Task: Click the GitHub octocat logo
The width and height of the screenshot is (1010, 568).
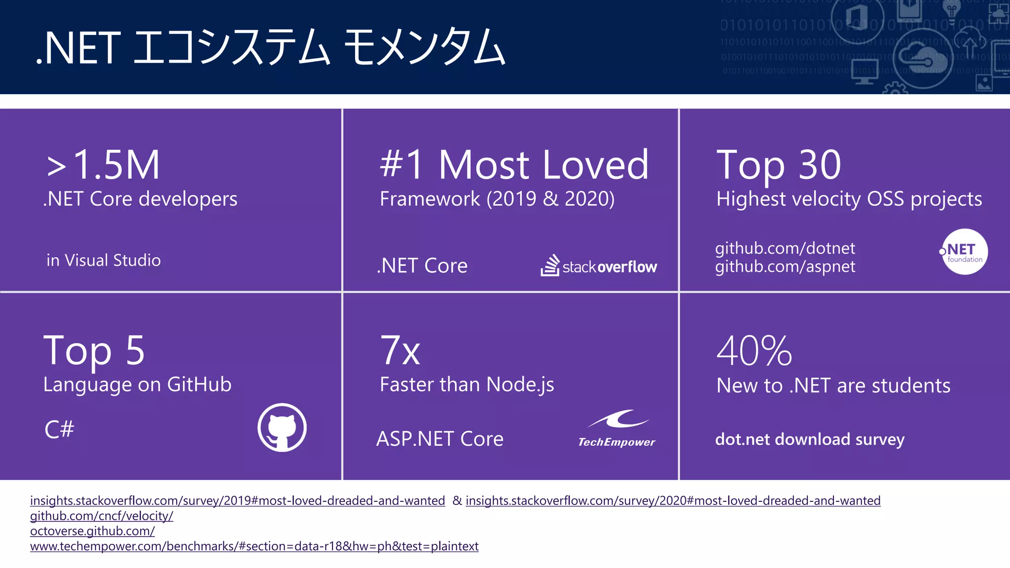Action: (x=282, y=427)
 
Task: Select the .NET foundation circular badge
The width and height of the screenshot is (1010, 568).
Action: (x=964, y=251)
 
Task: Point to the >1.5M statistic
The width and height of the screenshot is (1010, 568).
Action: (x=104, y=165)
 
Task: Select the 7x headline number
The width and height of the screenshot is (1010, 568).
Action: (x=400, y=351)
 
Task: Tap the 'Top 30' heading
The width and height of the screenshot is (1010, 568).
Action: (x=778, y=165)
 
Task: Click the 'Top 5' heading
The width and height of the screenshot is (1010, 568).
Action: (x=94, y=351)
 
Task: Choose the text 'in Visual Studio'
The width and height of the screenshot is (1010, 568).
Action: (x=104, y=260)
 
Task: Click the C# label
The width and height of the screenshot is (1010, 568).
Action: (x=59, y=429)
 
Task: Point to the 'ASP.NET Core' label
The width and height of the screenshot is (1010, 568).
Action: (x=439, y=439)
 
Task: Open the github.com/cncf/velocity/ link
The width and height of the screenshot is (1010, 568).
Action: (x=102, y=516)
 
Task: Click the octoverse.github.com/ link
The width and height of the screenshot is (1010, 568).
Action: (x=92, y=531)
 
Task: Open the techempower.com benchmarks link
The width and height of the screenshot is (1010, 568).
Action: (x=254, y=546)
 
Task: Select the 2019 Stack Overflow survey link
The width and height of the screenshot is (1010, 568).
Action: (x=237, y=500)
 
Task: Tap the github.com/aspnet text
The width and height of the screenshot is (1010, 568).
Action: (x=785, y=267)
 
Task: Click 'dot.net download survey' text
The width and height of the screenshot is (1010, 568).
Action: (x=810, y=439)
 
